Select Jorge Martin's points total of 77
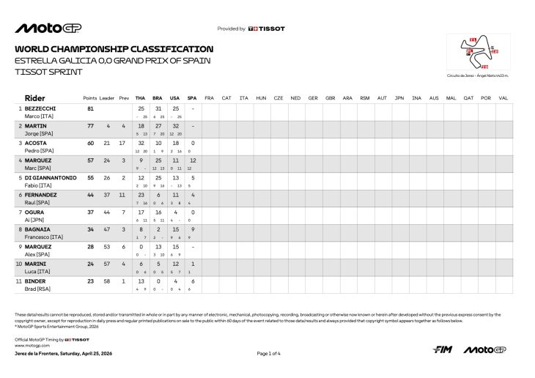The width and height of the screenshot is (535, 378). click(90, 126)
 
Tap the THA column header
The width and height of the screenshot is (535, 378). click(141, 97)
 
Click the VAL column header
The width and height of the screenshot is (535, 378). click(503, 97)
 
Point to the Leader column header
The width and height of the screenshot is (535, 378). click(108, 97)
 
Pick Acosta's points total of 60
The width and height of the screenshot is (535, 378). click(90, 144)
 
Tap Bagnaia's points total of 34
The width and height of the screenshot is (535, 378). click(90, 229)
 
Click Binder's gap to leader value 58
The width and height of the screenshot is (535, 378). click(107, 281)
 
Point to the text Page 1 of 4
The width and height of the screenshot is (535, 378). click(270, 354)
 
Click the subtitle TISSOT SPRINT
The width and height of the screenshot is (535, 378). click(48, 72)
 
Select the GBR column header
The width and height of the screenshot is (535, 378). click(331, 97)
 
